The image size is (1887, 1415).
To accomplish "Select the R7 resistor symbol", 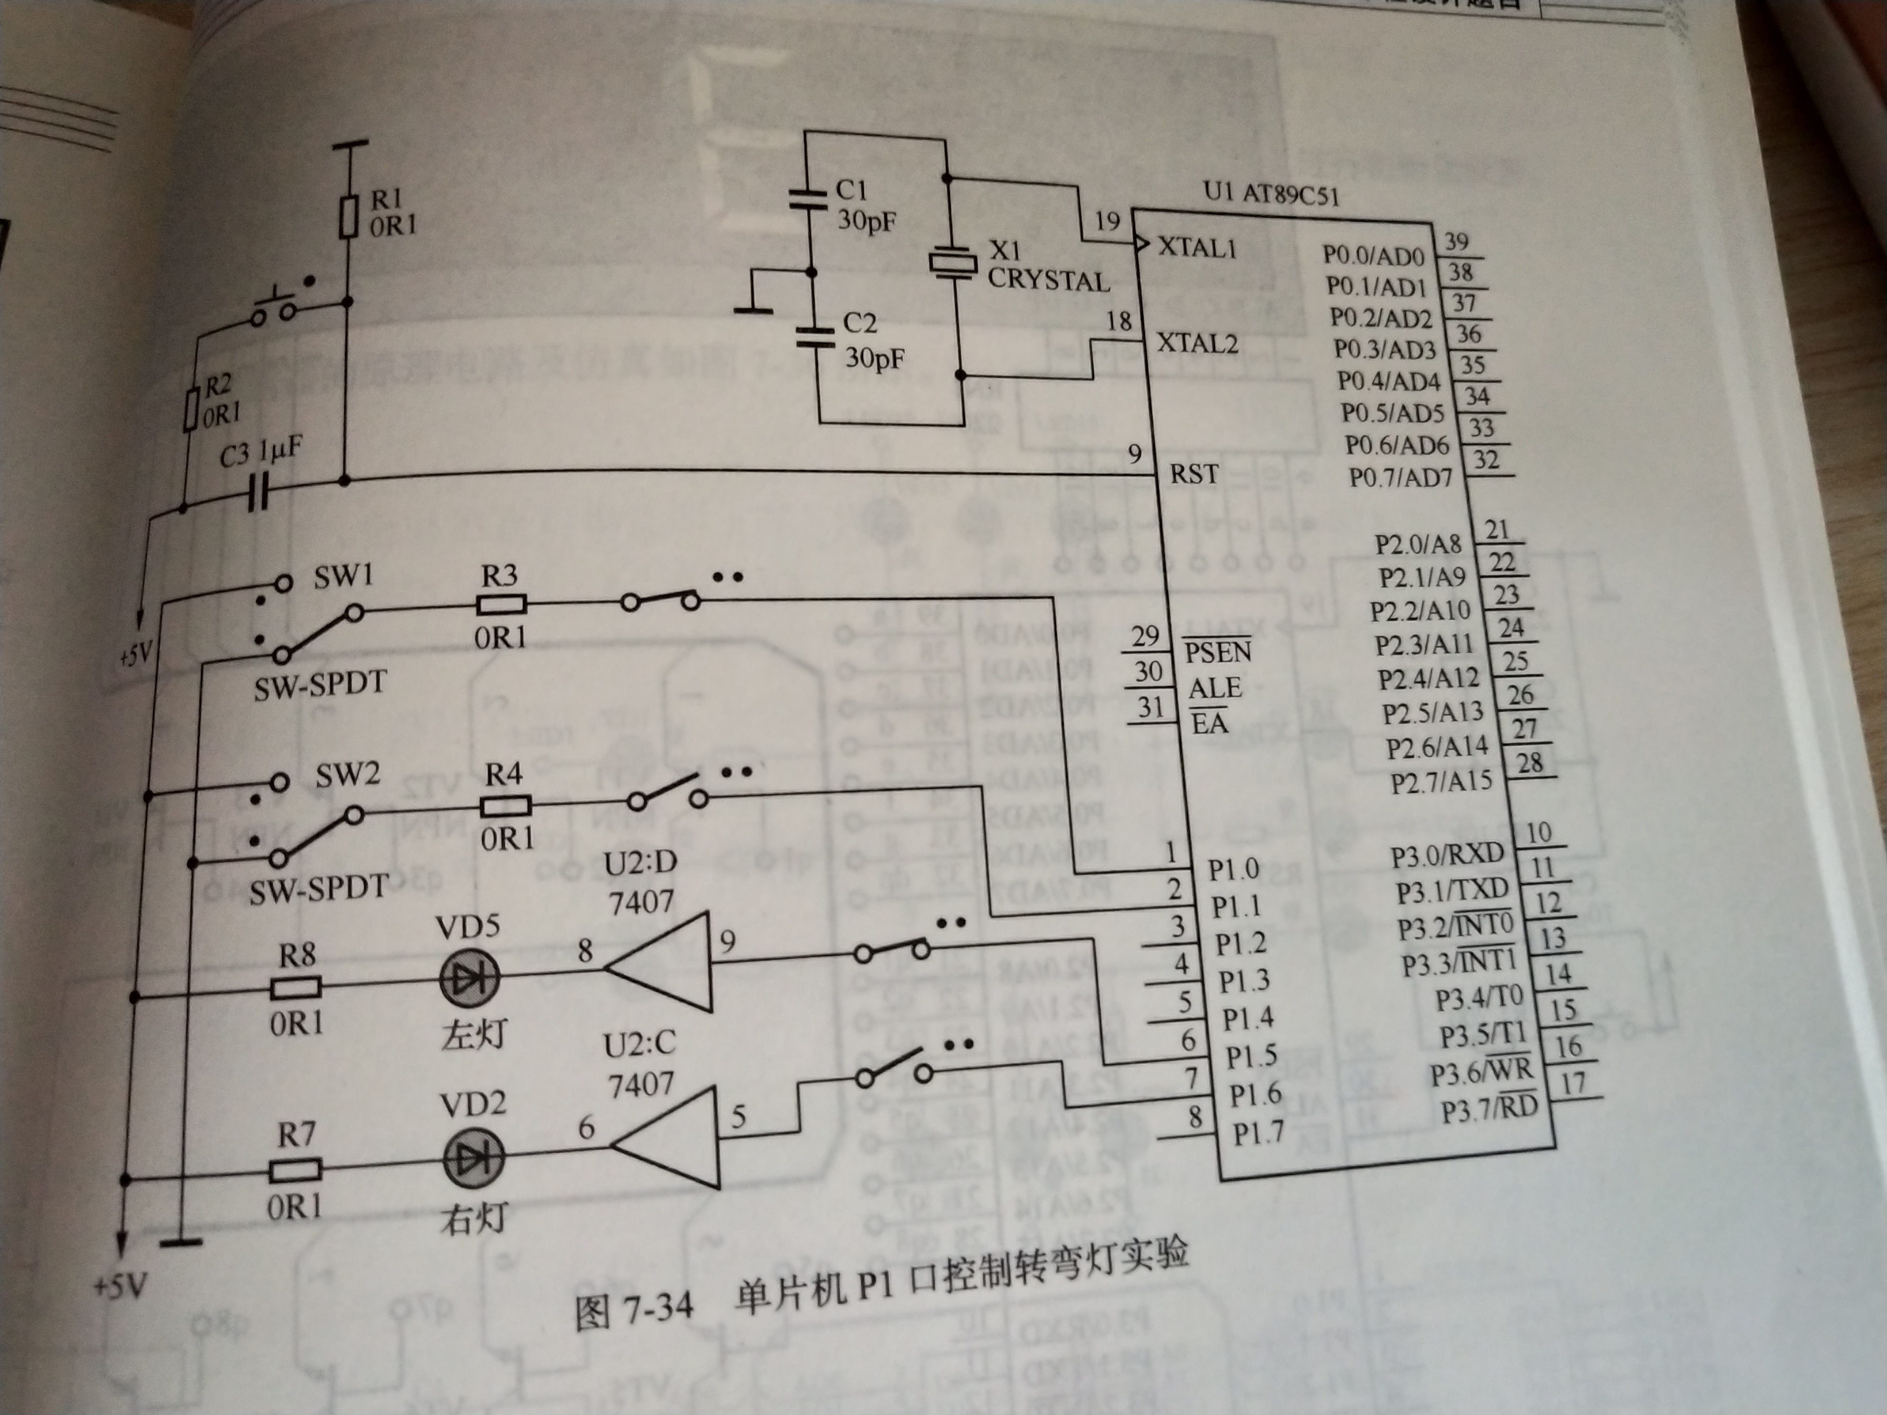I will click(295, 1170).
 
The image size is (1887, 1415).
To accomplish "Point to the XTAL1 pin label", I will click(1196, 248).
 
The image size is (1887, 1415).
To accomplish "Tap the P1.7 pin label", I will click(1258, 1133).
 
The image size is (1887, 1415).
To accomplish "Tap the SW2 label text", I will click(347, 776).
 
